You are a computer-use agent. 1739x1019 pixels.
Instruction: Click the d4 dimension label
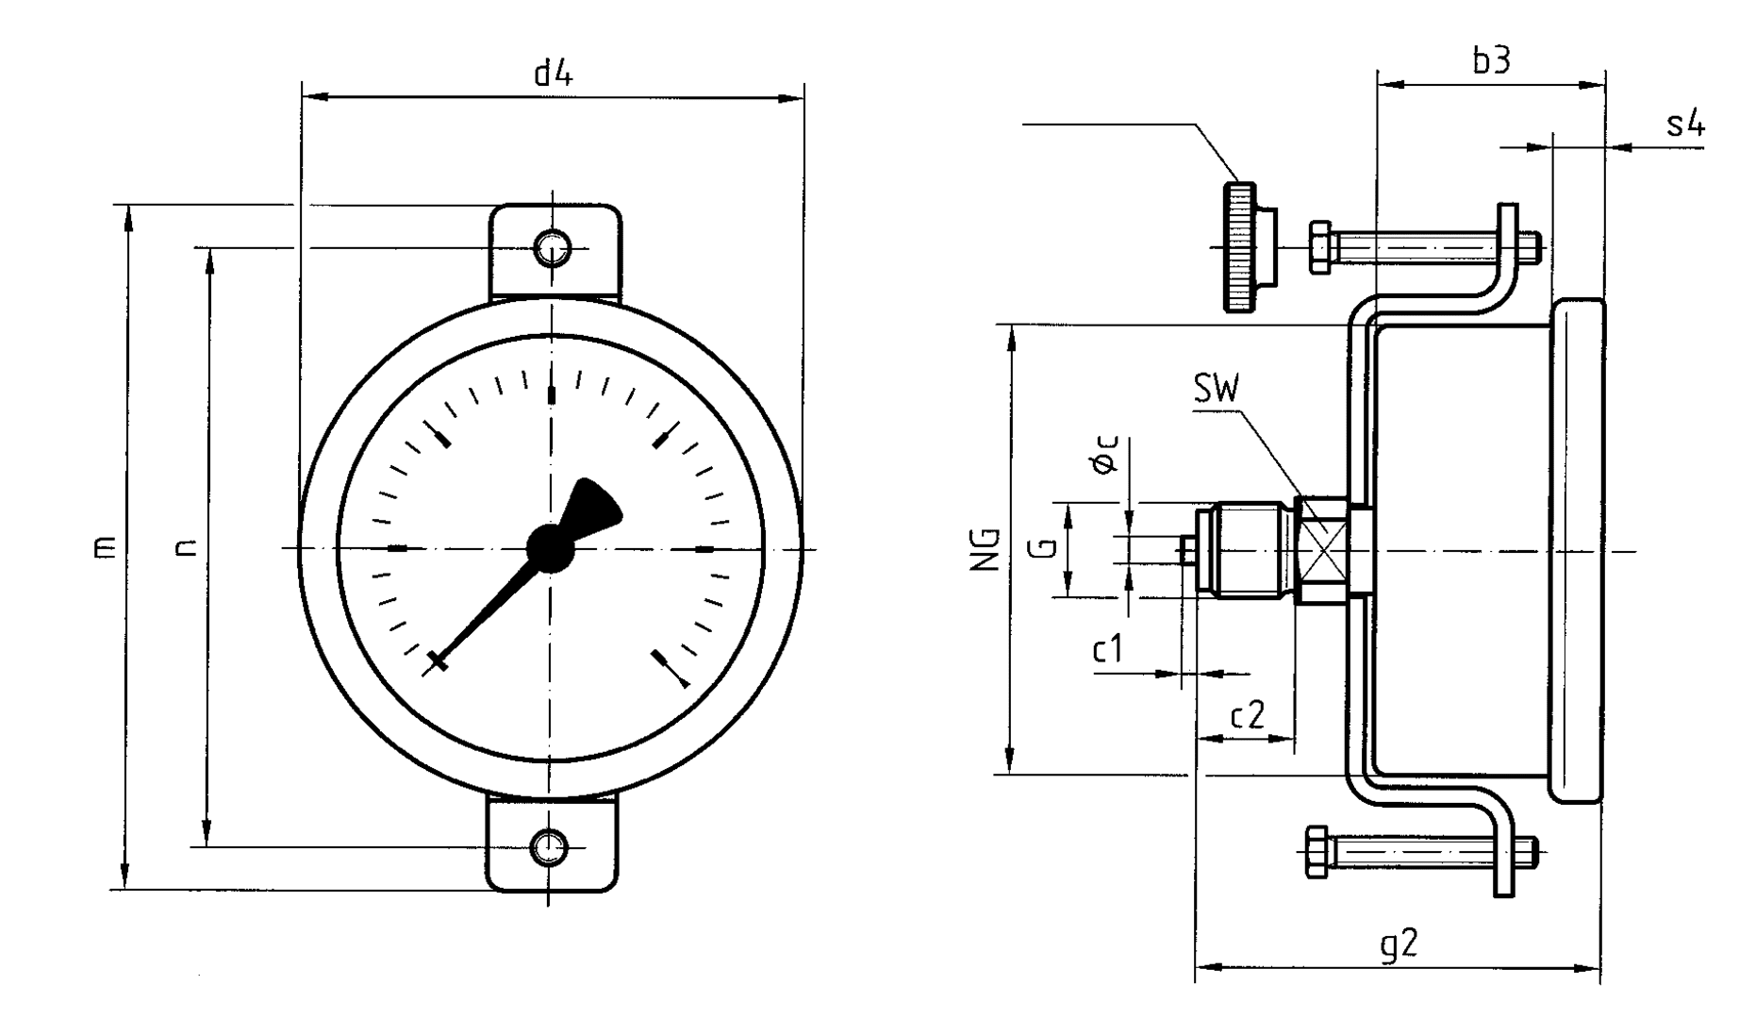553,74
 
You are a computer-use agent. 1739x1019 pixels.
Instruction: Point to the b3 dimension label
1491,60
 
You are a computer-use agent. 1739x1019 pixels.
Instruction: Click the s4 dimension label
1685,123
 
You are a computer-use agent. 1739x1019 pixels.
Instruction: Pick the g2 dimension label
1399,944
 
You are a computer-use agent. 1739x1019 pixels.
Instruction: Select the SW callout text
1217,389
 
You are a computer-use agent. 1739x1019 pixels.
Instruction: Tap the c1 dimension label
1109,650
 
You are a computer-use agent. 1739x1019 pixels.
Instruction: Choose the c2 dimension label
1248,716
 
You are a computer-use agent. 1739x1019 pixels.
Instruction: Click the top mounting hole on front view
552,248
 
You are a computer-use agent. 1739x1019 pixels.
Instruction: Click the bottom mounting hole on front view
550,846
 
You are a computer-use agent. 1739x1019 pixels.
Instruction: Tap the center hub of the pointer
550,548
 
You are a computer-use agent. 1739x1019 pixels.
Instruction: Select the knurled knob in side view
1240,247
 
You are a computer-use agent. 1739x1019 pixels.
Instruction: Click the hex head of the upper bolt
1320,247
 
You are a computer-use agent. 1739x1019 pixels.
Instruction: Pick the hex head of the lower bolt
1317,852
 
